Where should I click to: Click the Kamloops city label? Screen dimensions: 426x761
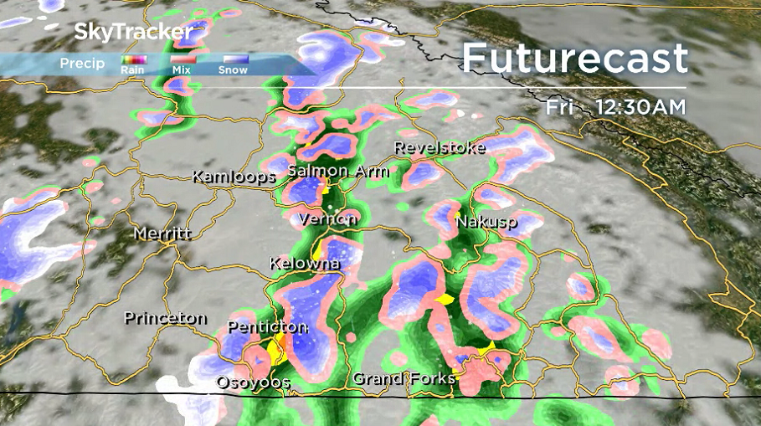pyautogui.click(x=234, y=177)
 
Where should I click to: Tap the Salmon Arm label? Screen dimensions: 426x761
pyautogui.click(x=338, y=172)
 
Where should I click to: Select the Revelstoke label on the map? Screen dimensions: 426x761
pyautogui.click(x=440, y=147)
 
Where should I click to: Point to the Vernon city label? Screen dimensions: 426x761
pyautogui.click(x=328, y=218)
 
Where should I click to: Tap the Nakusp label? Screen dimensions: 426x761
pyautogui.click(x=486, y=223)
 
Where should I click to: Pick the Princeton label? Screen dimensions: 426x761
pyautogui.click(x=165, y=318)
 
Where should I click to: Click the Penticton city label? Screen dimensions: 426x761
pyautogui.click(x=267, y=327)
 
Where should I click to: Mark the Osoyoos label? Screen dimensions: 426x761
pyautogui.click(x=253, y=382)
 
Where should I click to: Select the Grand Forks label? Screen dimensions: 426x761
pyautogui.click(x=404, y=378)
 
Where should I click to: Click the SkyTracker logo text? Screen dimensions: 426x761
pyautogui.click(x=133, y=33)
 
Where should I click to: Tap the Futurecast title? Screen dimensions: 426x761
pyautogui.click(x=574, y=58)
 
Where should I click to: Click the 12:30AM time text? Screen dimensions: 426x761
pyautogui.click(x=640, y=107)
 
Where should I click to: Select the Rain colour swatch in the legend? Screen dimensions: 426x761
pyautogui.click(x=134, y=59)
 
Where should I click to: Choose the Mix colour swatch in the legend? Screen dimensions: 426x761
pyautogui.click(x=183, y=59)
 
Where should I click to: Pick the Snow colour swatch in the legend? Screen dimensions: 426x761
pyautogui.click(x=233, y=59)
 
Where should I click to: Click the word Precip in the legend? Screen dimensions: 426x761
pyautogui.click(x=82, y=64)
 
